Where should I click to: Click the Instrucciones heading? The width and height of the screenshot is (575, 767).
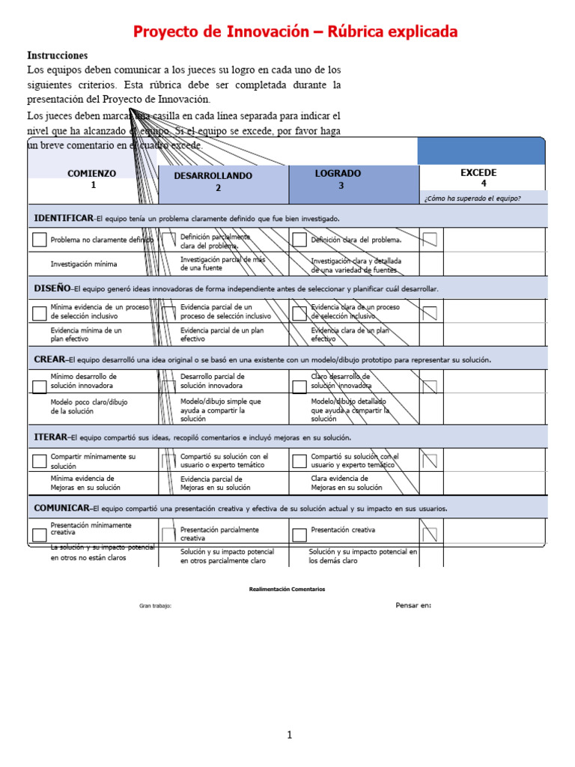pos(58,55)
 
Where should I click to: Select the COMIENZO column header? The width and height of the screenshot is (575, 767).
pos(92,174)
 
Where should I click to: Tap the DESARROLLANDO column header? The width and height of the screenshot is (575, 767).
pos(213,176)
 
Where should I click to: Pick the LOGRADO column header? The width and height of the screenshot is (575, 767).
pos(338,174)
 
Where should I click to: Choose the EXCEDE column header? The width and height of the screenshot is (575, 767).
pos(478,173)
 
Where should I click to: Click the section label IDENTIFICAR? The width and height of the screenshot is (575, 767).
pos(64,218)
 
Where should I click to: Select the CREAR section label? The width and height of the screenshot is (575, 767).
pos(49,360)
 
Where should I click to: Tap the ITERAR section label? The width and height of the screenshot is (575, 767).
pos(51,437)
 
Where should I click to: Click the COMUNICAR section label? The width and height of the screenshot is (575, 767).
pos(63,508)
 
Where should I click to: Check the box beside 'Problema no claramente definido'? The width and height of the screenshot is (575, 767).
pos(39,240)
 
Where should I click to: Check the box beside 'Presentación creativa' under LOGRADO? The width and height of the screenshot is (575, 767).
pos(299,535)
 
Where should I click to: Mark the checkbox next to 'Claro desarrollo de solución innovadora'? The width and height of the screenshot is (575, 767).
pos(299,386)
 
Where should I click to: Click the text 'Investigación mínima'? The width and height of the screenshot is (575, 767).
pos(84,264)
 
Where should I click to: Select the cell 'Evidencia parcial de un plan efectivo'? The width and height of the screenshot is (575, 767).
pos(222,334)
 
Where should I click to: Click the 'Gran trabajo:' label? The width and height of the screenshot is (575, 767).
pos(156,606)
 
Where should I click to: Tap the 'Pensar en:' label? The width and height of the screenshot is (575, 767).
pos(413,605)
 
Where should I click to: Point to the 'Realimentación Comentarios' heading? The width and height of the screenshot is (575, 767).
pos(287,589)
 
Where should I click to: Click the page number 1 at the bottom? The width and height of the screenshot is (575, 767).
pos(290,736)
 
